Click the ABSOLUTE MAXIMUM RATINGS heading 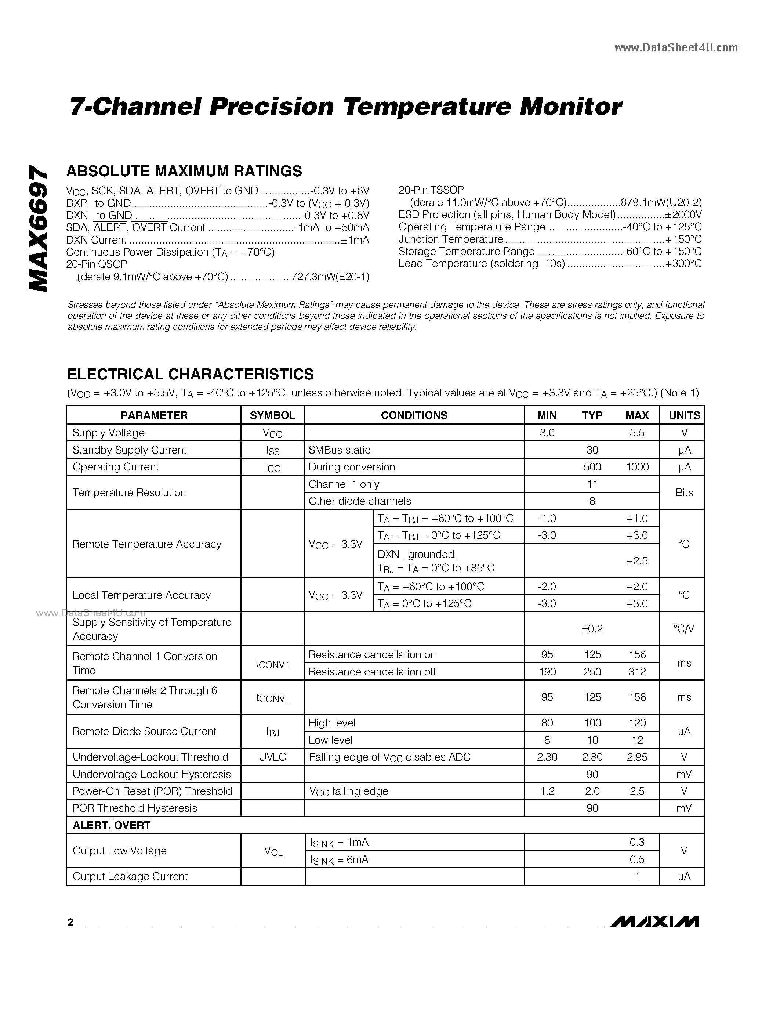[184, 171]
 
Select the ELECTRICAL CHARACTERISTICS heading [191, 374]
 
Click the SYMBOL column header [272, 415]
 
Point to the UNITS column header [684, 415]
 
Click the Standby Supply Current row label [129, 450]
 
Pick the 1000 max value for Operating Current [637, 467]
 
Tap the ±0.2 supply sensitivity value [592, 629]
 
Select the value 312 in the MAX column [637, 672]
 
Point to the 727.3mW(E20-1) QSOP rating [330, 277]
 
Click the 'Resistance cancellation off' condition [372, 672]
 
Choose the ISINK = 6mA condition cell [339, 860]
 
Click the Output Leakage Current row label [130, 876]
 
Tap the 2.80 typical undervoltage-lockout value [592, 757]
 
